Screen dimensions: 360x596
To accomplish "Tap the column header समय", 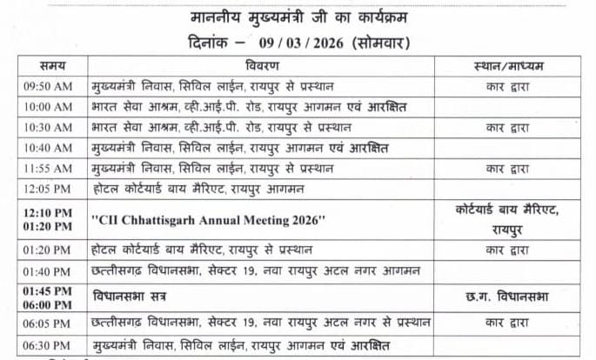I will click(x=50, y=66).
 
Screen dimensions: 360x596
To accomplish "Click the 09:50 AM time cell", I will click(x=50, y=86).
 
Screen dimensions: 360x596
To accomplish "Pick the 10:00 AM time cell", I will click(x=50, y=107).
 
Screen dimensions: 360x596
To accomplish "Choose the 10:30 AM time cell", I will click(x=50, y=127).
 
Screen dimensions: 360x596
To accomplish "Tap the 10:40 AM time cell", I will click(x=50, y=148).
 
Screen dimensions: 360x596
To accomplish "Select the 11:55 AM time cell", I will click(x=50, y=168).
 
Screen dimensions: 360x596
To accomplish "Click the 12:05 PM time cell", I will click(x=50, y=189).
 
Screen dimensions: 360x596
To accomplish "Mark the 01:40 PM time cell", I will click(x=50, y=270).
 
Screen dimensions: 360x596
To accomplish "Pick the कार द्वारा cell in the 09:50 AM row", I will click(x=518, y=86).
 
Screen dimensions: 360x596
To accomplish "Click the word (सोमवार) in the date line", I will click(x=383, y=42).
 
